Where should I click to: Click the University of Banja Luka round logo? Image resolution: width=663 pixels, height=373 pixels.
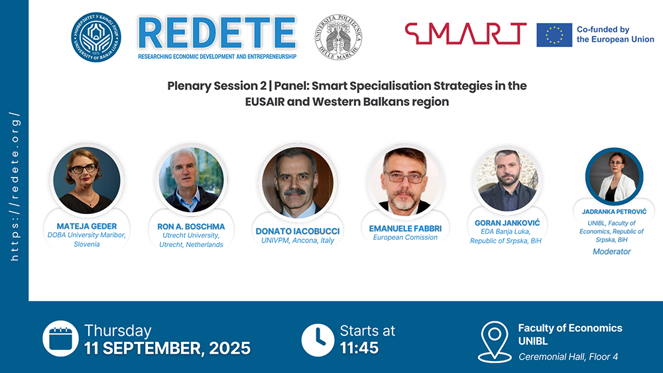point(96,36)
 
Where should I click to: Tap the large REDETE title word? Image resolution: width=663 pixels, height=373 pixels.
point(217,33)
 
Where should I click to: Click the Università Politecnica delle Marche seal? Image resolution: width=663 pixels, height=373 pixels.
point(338,36)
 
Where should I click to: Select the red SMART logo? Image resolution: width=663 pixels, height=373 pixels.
point(465,34)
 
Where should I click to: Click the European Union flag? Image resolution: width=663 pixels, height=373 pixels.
point(554,34)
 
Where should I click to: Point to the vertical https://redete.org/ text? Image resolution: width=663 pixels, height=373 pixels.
point(15,186)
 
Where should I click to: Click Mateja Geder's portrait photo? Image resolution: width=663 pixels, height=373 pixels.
point(87,180)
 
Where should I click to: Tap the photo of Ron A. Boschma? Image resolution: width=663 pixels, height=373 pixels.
point(191,180)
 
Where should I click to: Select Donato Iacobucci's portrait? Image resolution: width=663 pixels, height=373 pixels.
point(298,182)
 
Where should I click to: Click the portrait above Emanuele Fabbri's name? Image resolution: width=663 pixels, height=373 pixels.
point(404,181)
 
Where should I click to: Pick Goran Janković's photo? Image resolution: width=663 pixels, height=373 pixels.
point(507,180)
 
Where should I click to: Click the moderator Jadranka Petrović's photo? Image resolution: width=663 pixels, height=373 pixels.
point(615,177)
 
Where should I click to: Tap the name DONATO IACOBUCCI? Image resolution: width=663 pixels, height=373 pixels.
point(298,231)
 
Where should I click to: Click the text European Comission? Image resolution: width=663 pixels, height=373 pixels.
point(405,237)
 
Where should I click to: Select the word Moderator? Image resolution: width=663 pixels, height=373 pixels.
point(611,251)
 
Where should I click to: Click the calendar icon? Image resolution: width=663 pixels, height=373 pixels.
point(60,339)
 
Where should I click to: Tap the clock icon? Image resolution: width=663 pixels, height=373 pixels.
point(318,340)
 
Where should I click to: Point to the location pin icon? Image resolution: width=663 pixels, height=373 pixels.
point(495,342)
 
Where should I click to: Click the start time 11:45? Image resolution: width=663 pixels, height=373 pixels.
point(359,348)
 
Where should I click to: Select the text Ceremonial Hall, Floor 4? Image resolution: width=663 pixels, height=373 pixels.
point(568,357)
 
